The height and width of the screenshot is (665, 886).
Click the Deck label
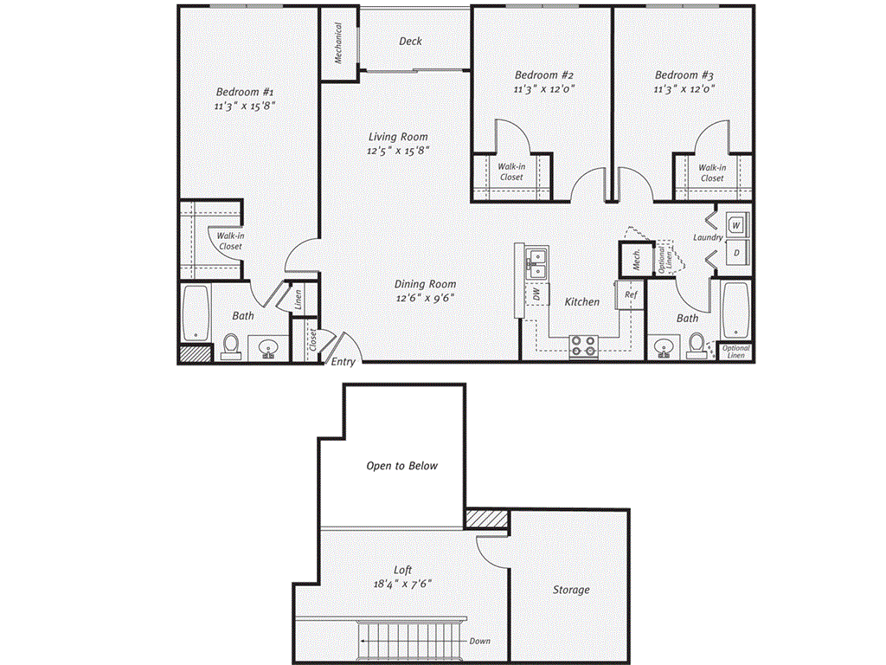tap(411, 42)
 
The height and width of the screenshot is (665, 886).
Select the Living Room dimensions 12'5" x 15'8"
tap(398, 150)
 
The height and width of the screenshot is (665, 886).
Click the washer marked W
tap(735, 225)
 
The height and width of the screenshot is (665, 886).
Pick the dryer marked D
tap(735, 253)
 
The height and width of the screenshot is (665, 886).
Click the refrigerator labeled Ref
tap(631, 294)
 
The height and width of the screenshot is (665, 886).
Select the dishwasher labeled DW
tap(536, 294)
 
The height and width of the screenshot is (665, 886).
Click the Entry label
tap(343, 362)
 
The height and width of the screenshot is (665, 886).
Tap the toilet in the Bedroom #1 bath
tap(231, 345)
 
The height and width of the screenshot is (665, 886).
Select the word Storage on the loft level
tap(571, 590)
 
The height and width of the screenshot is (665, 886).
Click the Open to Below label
tap(401, 466)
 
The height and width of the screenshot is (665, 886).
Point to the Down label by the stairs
tap(480, 642)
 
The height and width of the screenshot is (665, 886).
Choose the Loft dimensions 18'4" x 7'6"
tap(401, 584)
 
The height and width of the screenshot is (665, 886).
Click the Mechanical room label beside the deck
tap(338, 43)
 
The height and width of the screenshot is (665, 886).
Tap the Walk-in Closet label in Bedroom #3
tap(712, 173)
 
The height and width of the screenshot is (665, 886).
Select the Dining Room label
tap(425, 284)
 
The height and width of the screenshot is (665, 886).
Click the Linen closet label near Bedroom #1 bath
tap(297, 297)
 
